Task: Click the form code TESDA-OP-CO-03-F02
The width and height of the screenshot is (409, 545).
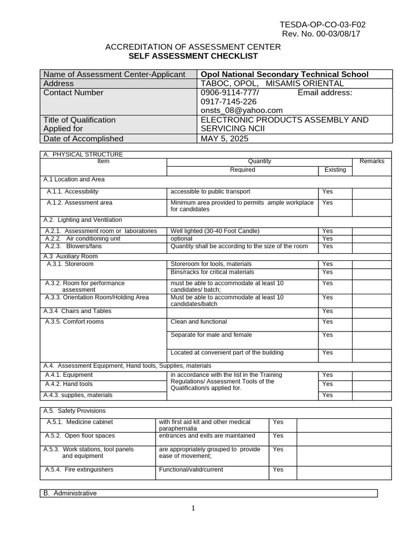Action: (323, 24)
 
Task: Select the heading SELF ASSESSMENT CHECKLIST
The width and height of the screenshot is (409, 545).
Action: (193, 56)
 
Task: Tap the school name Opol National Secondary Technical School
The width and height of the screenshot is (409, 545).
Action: (284, 75)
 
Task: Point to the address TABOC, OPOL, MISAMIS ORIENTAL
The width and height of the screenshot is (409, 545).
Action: (272, 84)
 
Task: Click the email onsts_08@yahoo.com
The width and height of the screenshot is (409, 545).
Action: (241, 110)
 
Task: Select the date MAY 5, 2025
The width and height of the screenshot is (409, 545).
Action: (224, 139)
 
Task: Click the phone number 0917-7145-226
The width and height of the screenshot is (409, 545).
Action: (228, 101)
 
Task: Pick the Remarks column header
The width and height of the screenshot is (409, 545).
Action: (372, 161)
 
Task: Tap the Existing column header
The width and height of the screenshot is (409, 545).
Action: (335, 170)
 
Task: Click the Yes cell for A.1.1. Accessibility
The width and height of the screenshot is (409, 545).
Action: (327, 192)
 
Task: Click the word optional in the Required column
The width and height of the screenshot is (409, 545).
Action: (181, 239)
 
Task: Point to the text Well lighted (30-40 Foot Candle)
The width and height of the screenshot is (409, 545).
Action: (215, 231)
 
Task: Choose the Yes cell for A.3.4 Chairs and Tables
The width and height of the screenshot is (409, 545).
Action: (327, 311)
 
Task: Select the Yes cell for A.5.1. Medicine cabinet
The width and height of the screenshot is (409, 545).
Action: (278, 422)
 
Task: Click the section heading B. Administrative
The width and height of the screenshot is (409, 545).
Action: (70, 493)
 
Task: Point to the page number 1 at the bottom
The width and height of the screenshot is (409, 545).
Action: (193, 508)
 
